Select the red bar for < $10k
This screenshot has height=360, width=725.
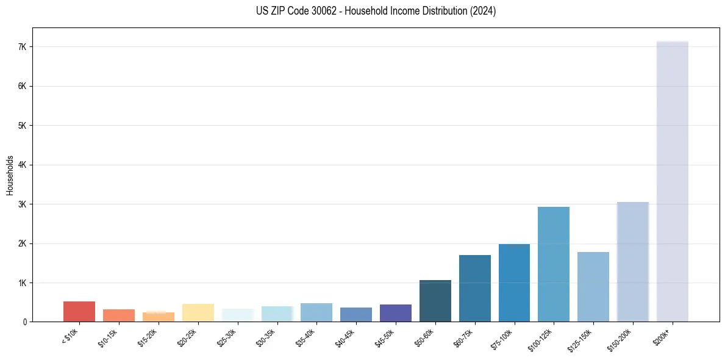(x=79, y=311)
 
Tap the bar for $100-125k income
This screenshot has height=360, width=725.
(x=554, y=264)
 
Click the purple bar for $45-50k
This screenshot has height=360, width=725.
(x=396, y=313)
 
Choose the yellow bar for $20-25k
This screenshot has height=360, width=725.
(x=198, y=312)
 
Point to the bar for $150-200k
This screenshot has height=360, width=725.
(x=633, y=262)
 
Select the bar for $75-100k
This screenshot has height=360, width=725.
(x=514, y=283)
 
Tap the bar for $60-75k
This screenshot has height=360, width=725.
(x=475, y=288)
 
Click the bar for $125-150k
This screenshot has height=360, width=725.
(x=593, y=287)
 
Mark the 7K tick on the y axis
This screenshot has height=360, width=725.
(x=23, y=47)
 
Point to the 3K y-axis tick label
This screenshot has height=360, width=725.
(x=23, y=204)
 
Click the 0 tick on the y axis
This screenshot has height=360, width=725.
(x=25, y=322)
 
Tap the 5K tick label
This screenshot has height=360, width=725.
(x=23, y=126)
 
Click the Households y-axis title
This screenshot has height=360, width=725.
(x=10, y=175)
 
